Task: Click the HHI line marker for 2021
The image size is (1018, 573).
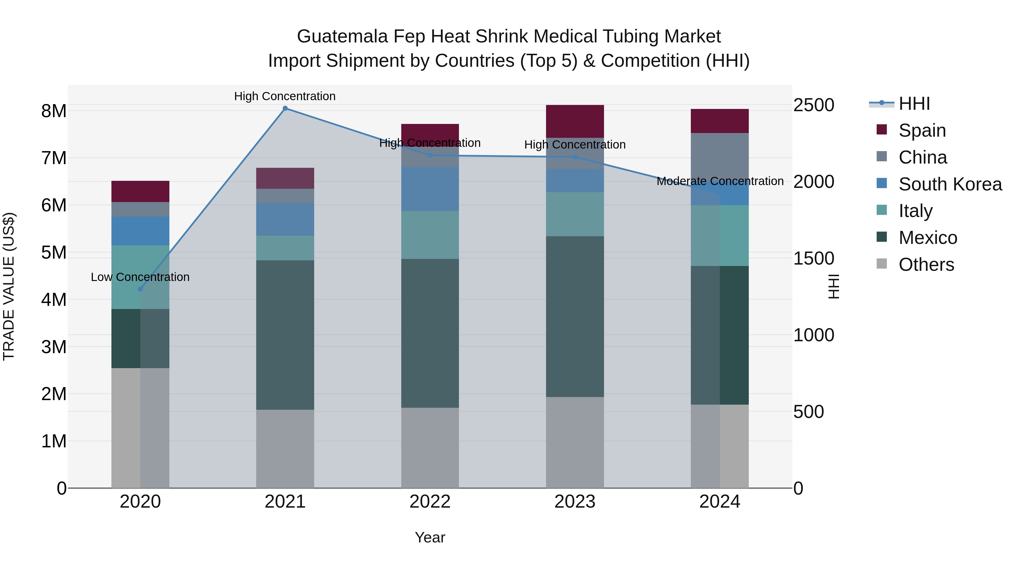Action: (x=285, y=108)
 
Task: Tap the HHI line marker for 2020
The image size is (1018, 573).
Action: (x=140, y=289)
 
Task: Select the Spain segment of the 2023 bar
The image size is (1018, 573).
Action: (x=575, y=121)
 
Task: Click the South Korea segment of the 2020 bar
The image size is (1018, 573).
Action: (x=140, y=231)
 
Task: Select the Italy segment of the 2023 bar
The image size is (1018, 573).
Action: (x=575, y=214)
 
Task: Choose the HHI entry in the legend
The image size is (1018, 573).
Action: (x=914, y=104)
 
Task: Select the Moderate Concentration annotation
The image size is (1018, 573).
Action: (x=720, y=181)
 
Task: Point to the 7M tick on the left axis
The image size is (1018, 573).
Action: (x=54, y=158)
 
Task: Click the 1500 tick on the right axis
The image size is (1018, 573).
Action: (x=813, y=258)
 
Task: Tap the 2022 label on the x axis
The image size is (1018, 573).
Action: (x=430, y=501)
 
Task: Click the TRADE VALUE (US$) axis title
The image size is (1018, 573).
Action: (x=9, y=286)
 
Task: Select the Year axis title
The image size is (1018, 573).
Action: (x=430, y=537)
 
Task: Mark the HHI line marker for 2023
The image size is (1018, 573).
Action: (x=575, y=157)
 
